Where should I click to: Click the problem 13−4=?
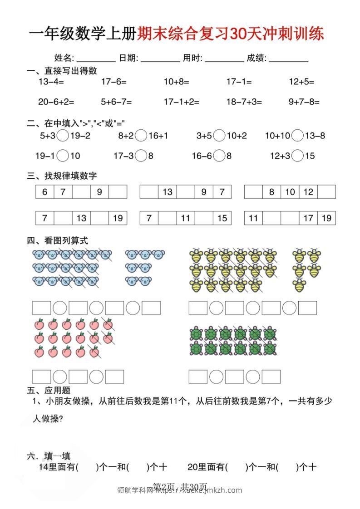point(51,82)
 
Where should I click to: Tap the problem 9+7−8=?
point(304,102)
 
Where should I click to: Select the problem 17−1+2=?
point(182,102)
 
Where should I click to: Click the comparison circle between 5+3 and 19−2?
point(64,135)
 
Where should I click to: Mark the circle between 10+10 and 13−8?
point(298,135)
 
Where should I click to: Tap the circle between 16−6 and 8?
point(220,156)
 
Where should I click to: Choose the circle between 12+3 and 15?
point(298,156)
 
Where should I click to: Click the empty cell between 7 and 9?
point(81,192)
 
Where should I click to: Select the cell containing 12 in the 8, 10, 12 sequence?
point(308,192)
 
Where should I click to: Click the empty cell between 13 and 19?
point(99,218)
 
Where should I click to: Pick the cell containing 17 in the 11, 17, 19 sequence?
point(308,218)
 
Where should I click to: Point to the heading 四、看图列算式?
point(57,240)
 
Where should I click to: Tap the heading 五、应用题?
point(49,390)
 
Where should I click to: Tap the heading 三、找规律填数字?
point(62,176)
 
